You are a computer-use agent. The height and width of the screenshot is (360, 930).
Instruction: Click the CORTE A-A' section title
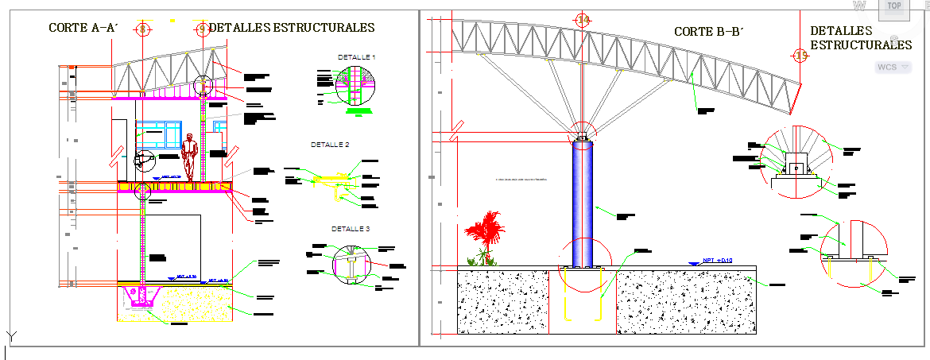click(x=83, y=28)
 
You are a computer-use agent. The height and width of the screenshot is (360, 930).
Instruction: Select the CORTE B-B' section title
click(x=708, y=32)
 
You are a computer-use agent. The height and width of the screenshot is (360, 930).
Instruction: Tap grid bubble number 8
click(x=143, y=29)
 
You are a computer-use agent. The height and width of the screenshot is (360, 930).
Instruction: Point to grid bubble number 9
click(x=202, y=29)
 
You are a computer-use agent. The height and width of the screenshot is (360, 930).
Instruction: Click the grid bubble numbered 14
click(x=583, y=21)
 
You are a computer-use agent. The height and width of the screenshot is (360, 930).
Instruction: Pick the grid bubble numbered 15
click(x=800, y=55)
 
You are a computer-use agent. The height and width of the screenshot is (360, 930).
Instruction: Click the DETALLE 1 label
click(x=356, y=57)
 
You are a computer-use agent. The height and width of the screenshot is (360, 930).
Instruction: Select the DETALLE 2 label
click(x=330, y=145)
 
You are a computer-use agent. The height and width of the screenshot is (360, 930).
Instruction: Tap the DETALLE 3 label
click(x=351, y=229)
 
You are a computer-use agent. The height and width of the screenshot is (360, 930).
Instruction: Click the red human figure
click(x=189, y=156)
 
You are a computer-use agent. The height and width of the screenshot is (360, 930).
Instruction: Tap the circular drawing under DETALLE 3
click(x=351, y=263)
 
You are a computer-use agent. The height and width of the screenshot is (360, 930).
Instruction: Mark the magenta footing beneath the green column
click(x=143, y=297)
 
